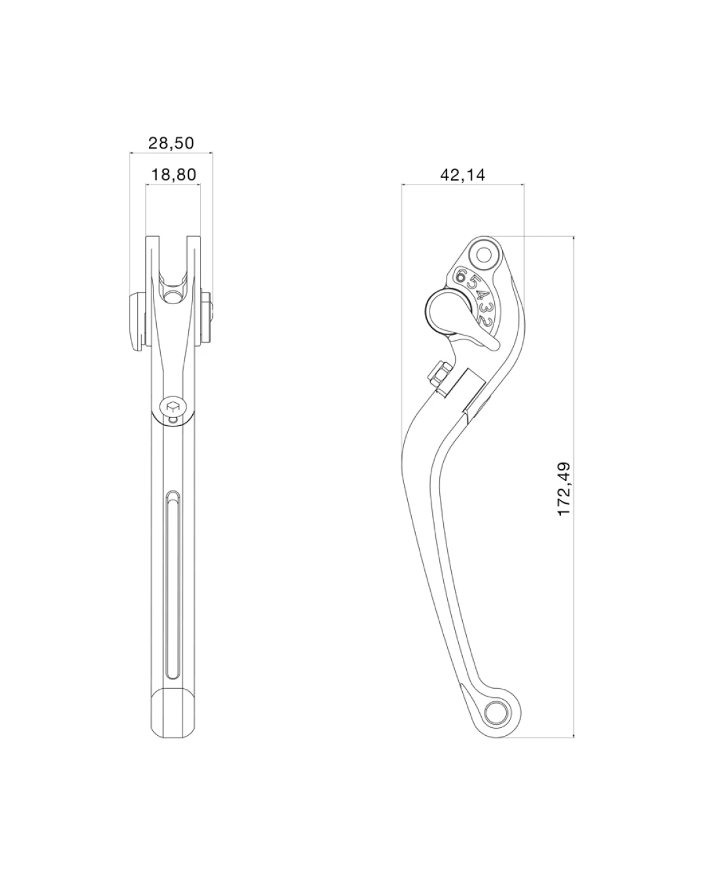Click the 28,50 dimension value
point(171,143)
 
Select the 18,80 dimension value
point(173,175)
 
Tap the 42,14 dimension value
point(462,175)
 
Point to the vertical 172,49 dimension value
point(564,489)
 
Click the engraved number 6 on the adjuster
point(462,275)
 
